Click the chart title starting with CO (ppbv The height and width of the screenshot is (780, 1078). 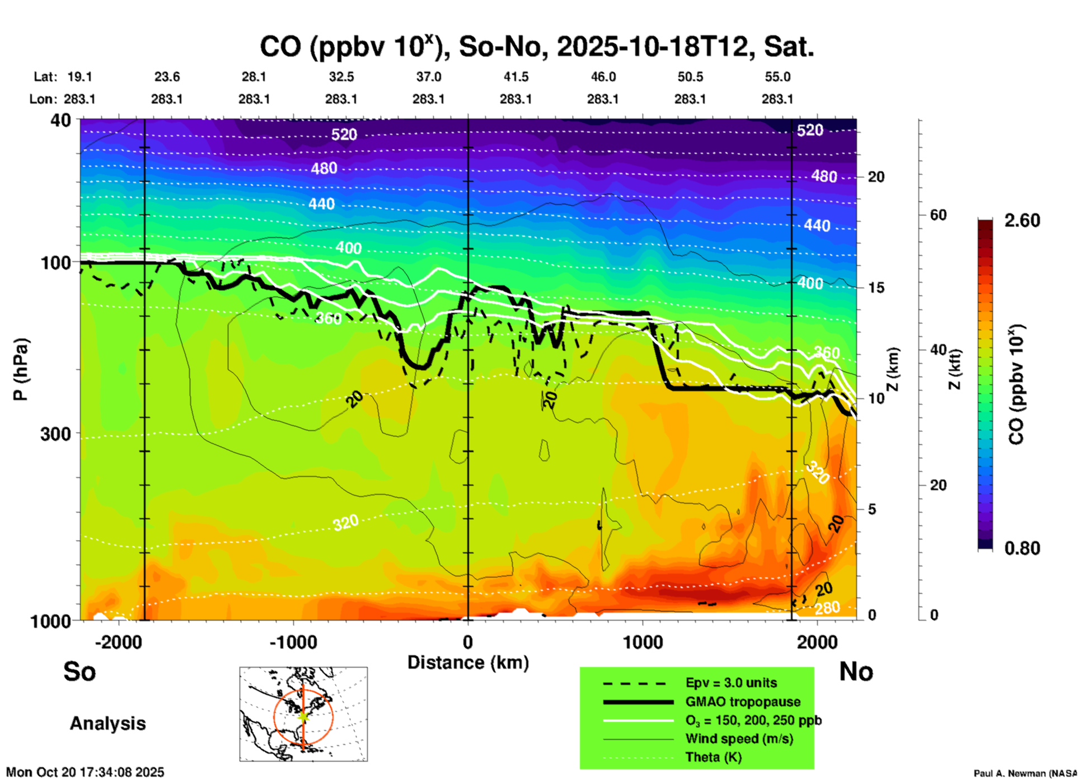click(x=536, y=46)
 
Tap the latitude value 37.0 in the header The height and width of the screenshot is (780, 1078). click(x=428, y=77)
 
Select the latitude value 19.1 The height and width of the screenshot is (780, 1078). click(x=79, y=77)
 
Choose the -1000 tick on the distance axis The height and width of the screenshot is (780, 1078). click(x=293, y=642)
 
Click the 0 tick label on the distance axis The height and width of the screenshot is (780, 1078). click(x=468, y=642)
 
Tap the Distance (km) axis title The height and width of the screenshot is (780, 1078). click(x=468, y=662)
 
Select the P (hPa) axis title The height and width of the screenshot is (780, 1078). click(x=21, y=369)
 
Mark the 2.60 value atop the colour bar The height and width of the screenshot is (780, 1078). click(x=1022, y=220)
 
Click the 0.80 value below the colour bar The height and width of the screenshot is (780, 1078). click(x=1022, y=548)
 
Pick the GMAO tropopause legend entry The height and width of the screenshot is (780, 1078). click(x=743, y=702)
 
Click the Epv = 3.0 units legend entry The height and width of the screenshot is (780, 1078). click(x=731, y=683)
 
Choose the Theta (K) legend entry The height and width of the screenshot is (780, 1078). click(x=713, y=757)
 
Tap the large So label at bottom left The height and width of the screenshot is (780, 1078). click(x=79, y=671)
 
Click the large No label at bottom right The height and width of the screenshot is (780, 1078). click(x=856, y=671)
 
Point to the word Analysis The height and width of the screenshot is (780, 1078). click(x=107, y=723)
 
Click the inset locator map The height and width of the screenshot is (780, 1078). click(x=303, y=714)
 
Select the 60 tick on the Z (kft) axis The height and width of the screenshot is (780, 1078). click(x=938, y=215)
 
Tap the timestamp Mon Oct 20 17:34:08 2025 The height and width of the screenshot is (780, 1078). click(x=85, y=772)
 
